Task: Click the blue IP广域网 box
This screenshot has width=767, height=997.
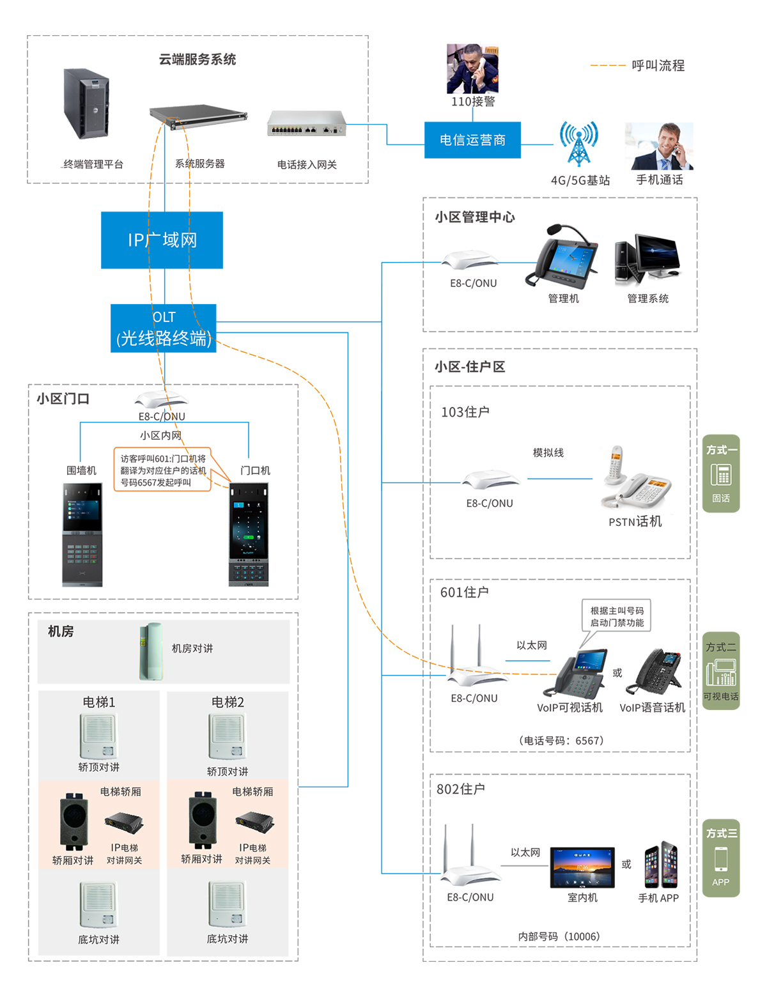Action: pos(162,240)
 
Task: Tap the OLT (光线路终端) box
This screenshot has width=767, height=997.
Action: pos(163,328)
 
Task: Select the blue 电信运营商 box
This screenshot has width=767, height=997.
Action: pos(472,140)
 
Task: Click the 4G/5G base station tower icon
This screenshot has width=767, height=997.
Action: pos(578,144)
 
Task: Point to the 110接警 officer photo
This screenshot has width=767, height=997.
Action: pos(472,68)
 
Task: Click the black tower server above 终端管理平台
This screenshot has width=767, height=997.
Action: pos(86,104)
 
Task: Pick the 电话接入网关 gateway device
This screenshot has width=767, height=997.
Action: pos(306,123)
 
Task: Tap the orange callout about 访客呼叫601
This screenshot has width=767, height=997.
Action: pos(162,470)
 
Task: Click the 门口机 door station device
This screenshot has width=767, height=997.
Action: pos(249,534)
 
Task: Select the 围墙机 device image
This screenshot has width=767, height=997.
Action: pos(82,534)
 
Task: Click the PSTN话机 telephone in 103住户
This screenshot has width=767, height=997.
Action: pos(634,481)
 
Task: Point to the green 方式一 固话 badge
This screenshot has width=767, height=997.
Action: pos(721,474)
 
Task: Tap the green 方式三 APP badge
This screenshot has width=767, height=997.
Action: pos(721,858)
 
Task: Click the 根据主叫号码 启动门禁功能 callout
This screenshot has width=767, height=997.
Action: pos(616,616)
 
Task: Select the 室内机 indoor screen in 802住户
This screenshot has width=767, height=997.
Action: pos(582,867)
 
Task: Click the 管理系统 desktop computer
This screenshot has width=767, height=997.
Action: pos(646,259)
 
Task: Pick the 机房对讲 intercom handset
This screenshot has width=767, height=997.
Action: pos(151,651)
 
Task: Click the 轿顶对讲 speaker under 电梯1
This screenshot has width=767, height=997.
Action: pos(98,736)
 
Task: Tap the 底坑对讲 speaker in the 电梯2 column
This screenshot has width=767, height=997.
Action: pos(228,904)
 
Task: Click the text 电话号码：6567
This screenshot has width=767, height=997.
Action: pos(561,741)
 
